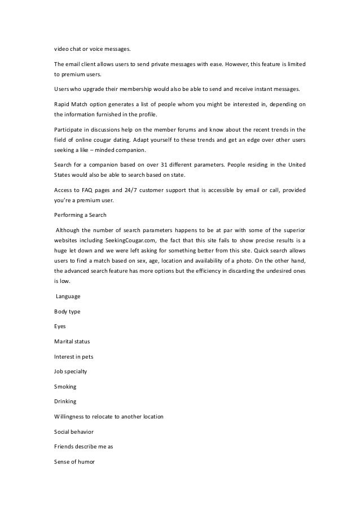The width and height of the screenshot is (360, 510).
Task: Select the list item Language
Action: [68, 297]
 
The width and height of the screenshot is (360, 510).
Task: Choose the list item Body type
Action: [67, 312]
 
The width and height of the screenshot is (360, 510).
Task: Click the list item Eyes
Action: [60, 326]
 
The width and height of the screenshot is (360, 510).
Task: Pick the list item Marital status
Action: [72, 342]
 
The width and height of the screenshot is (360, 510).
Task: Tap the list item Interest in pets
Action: [74, 356]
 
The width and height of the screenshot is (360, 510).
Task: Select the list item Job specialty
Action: [71, 372]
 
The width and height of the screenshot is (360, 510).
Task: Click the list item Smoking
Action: [65, 386]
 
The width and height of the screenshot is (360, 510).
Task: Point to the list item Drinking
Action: [65, 402]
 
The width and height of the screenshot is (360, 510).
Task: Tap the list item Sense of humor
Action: [74, 461]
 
